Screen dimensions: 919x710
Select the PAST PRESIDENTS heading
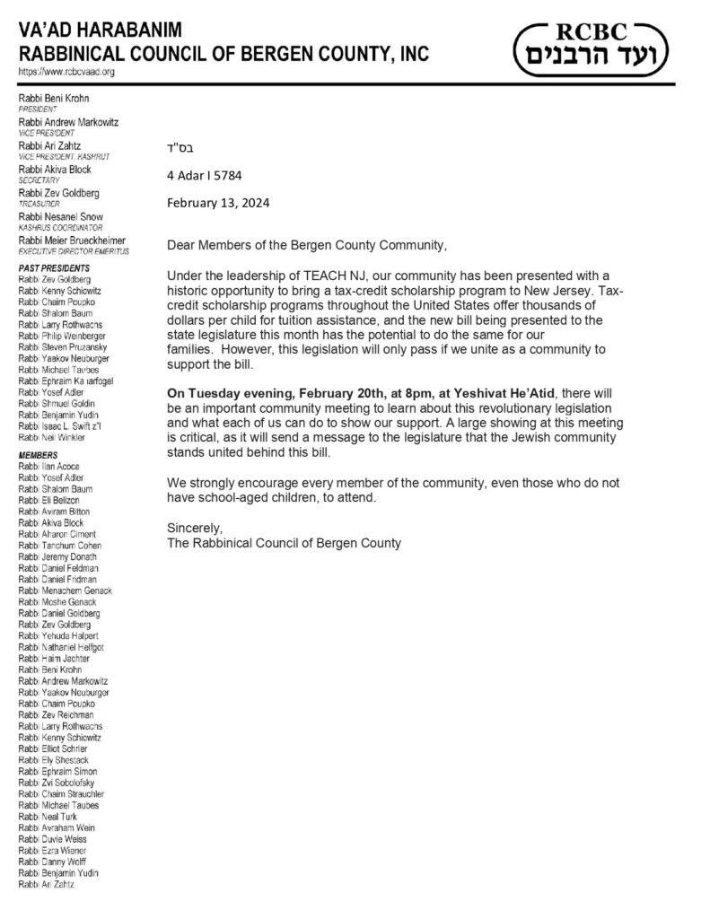pos(55,268)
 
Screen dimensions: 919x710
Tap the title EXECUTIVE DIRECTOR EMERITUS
pos(75,251)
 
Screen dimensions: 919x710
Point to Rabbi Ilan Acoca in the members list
pos(59,467)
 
